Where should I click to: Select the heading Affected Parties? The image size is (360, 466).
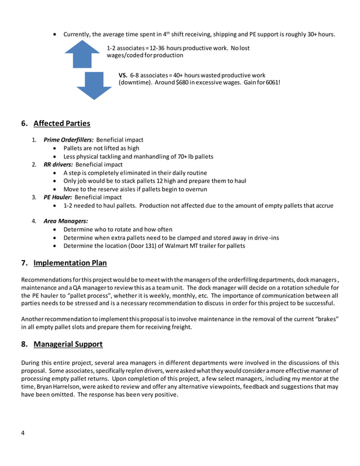(62, 124)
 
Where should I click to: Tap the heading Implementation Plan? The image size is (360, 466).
(70, 263)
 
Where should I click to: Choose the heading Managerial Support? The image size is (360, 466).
(68, 344)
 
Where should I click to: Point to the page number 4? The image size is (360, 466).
(23, 433)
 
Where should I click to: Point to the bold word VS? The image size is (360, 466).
(123, 75)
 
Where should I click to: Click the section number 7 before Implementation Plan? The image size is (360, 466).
(24, 263)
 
